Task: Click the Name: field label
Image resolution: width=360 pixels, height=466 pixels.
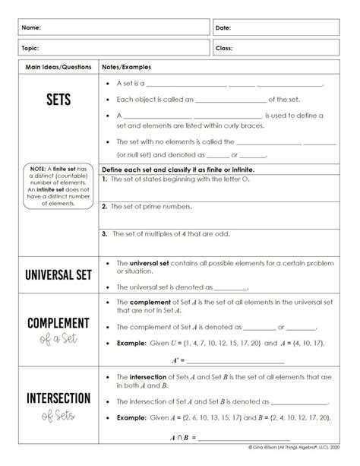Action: [31, 27]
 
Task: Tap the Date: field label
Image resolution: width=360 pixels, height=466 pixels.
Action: [223, 27]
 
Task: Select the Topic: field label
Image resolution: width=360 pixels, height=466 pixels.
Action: [31, 47]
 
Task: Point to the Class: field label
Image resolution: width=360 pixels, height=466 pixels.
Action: [224, 47]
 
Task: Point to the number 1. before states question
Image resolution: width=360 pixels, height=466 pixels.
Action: [104, 179]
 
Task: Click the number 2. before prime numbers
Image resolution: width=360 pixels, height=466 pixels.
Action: [104, 205]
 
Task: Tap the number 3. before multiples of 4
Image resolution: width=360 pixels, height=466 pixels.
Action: [104, 233]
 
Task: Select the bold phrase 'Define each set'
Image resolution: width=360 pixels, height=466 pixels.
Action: [126, 169]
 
